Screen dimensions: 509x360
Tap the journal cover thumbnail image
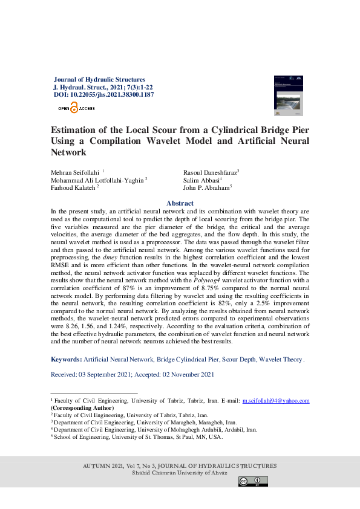point(289,94)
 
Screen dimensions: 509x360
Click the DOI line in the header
point(103,95)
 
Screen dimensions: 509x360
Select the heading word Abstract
point(180,203)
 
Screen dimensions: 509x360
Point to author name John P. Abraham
point(206,188)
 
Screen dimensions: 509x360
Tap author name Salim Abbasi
point(201,180)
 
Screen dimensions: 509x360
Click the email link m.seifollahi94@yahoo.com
point(276,401)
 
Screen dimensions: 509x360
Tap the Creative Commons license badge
point(253,481)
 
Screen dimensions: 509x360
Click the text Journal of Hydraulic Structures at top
point(100,79)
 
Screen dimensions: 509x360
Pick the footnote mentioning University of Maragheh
point(145,423)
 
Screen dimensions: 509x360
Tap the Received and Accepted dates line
point(133,375)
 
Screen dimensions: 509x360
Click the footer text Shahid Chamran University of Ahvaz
point(180,473)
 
